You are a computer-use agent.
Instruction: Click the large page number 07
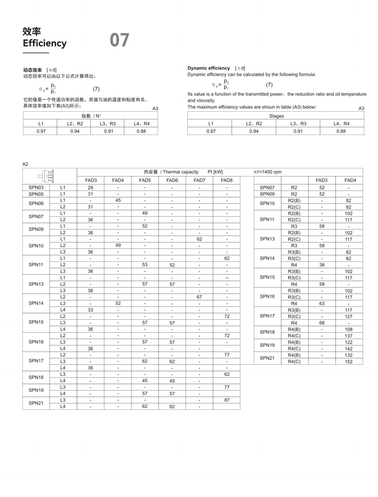click(119, 40)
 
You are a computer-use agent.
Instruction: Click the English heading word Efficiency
click(44, 43)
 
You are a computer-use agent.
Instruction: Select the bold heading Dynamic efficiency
click(209, 68)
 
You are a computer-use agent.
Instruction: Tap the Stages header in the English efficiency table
click(276, 116)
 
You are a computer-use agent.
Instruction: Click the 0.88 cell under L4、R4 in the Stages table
click(341, 131)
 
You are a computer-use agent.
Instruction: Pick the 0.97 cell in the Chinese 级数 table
click(41, 131)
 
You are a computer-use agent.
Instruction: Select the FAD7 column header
click(199, 180)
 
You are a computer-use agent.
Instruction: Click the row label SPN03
click(36, 188)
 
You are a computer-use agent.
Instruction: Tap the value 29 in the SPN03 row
click(90, 188)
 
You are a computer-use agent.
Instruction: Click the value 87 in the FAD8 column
click(227, 400)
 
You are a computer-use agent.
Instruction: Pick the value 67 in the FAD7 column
click(199, 297)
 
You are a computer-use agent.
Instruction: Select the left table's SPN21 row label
click(36, 403)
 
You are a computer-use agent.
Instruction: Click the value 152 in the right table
click(349, 362)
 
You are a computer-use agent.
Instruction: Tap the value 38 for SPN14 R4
click(322, 265)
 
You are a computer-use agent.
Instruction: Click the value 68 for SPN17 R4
click(322, 323)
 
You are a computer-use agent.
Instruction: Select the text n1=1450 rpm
click(267, 172)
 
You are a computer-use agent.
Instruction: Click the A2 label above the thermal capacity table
click(25, 164)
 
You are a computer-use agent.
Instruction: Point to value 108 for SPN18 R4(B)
click(349, 329)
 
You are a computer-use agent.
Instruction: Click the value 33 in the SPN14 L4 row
click(90, 310)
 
